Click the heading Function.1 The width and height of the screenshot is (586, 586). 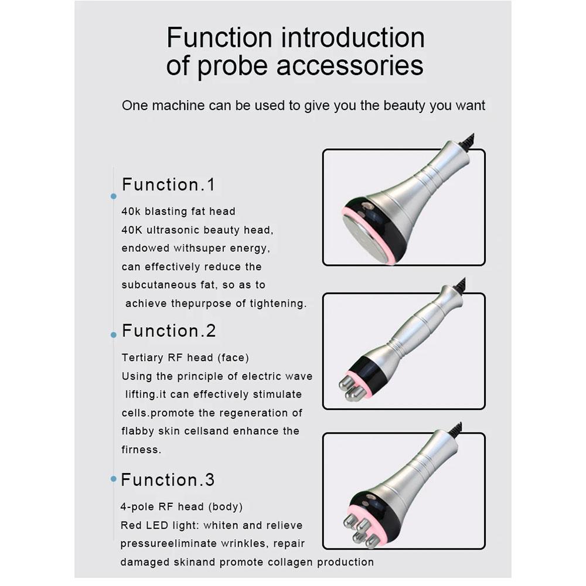click(169, 185)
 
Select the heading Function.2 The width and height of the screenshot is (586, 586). click(169, 331)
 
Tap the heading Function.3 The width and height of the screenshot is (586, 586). click(168, 480)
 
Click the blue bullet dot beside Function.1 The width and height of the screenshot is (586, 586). click(114, 196)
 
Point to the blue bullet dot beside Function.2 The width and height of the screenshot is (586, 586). click(114, 335)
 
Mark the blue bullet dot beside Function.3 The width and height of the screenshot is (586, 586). click(114, 479)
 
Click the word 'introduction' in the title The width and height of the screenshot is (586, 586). click(353, 38)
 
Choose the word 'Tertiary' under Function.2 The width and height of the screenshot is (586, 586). click(142, 358)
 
